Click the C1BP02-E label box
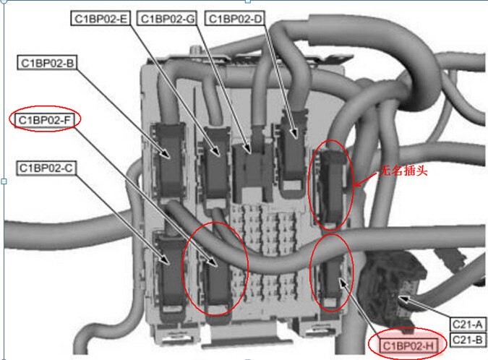(100, 19)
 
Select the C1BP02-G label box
(167, 19)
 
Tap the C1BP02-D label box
(235, 19)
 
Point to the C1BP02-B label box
(47, 63)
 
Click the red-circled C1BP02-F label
(45, 120)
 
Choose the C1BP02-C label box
(46, 168)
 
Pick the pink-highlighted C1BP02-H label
(408, 346)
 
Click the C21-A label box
(468, 325)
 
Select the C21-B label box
(468, 339)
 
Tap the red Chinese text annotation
(403, 170)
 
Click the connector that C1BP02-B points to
(170, 162)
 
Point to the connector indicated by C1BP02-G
(251, 170)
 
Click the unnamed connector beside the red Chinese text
(331, 187)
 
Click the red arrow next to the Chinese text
(367, 179)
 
